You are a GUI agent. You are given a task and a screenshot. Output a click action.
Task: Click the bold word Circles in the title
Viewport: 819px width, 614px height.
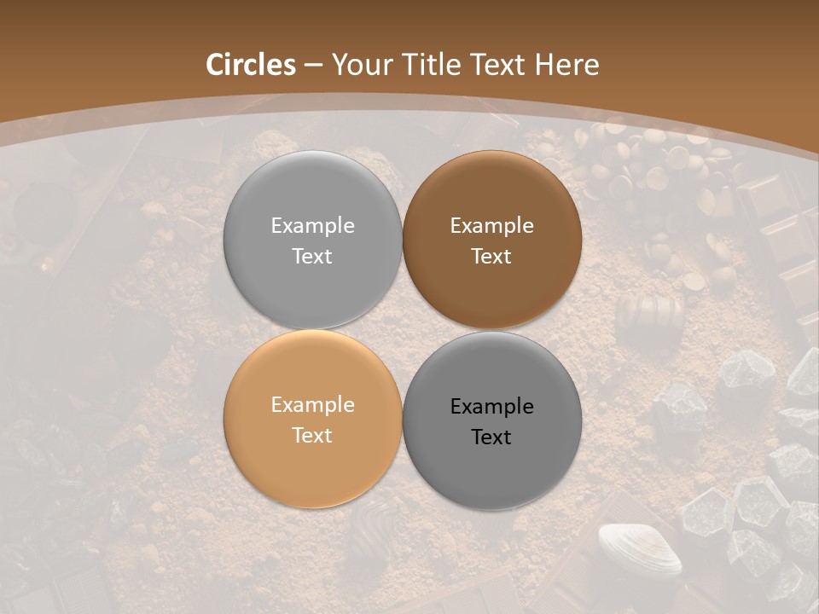tap(250, 65)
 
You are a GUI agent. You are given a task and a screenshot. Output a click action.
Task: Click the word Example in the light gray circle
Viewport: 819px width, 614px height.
tap(312, 226)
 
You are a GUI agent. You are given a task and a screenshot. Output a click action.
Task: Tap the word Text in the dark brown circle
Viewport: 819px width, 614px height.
tap(491, 256)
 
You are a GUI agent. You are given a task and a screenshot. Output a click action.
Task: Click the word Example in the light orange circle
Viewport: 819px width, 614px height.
tap(312, 405)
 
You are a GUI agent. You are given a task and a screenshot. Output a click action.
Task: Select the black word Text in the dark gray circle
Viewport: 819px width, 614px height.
tap(491, 437)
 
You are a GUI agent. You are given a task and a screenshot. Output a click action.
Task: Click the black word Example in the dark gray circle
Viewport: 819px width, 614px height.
tap(491, 407)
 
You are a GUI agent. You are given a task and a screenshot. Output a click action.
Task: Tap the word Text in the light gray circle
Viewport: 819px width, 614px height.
tap(312, 256)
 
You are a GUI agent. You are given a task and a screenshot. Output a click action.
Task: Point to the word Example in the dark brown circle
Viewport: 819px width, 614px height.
tap(491, 226)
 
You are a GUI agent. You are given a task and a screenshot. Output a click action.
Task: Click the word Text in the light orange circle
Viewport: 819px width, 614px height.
tap(312, 435)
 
